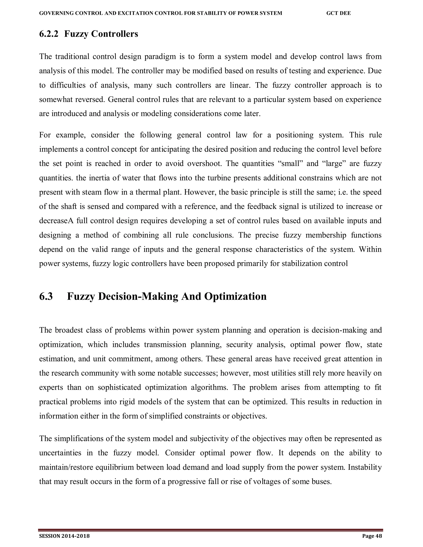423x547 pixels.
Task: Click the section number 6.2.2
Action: (49, 34)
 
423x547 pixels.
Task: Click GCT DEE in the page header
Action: (339, 13)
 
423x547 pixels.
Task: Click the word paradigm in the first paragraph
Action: (160, 57)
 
